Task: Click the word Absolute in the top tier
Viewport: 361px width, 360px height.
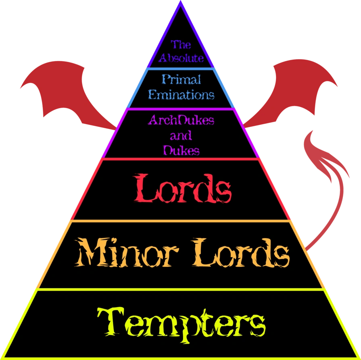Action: [181, 58]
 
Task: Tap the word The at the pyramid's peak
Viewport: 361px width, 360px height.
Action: [180, 44]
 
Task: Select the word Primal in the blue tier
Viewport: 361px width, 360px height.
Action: [181, 79]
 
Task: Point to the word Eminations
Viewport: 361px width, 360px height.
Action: [181, 95]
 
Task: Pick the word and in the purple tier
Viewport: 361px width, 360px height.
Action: [180, 136]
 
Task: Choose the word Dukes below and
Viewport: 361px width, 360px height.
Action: [181, 150]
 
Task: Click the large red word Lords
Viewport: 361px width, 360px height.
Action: [182, 189]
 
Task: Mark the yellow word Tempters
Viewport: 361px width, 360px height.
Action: [181, 323]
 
